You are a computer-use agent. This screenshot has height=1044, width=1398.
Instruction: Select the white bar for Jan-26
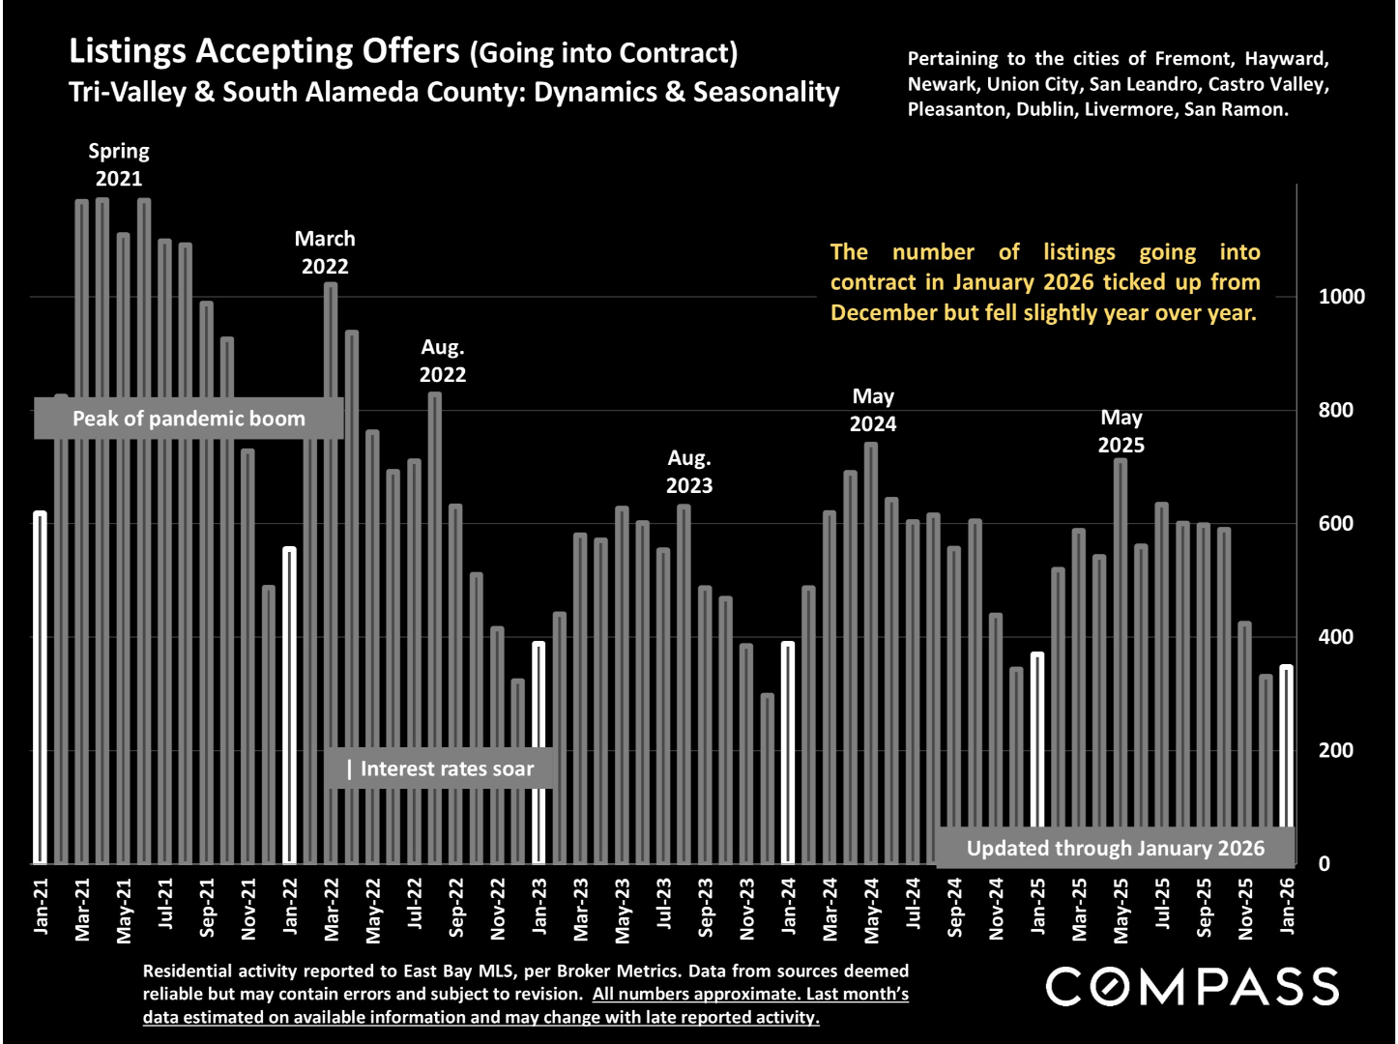(1287, 764)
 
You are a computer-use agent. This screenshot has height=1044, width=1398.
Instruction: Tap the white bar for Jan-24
(788, 752)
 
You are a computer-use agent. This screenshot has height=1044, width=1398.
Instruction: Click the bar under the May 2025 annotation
(1121, 661)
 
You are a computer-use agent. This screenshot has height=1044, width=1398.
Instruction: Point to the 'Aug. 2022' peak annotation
(443, 361)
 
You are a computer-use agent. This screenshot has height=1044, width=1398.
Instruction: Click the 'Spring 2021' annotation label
(119, 164)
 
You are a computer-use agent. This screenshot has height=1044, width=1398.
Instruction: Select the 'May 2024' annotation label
(873, 410)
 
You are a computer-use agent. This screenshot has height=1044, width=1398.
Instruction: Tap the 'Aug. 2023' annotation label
(689, 472)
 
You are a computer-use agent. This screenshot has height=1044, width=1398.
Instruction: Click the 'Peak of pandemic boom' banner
(189, 419)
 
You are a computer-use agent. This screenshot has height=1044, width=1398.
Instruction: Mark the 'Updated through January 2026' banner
(1115, 848)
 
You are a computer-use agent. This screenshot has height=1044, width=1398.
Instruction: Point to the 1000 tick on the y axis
(1342, 297)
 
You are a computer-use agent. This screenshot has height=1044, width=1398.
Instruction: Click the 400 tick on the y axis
(1336, 637)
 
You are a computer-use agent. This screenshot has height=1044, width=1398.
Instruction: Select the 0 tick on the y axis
(1325, 864)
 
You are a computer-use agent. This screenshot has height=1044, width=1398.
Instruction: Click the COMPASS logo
(1192, 987)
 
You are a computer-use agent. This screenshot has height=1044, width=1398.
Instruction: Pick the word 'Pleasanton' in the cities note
(958, 109)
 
